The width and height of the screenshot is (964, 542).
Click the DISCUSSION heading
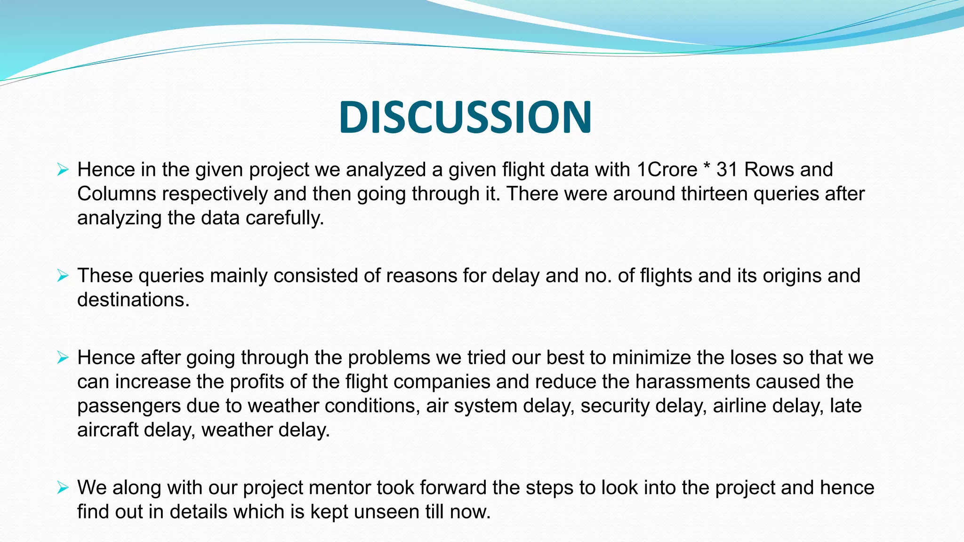465,117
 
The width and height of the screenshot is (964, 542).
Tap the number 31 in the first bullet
727,170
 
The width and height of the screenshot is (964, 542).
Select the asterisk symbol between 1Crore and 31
707,167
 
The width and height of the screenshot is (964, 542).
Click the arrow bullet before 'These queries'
63,275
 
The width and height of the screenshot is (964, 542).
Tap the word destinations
133,300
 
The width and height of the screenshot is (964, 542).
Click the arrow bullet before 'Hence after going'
63,358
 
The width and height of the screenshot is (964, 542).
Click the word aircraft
107,430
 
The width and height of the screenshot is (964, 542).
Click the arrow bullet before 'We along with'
63,487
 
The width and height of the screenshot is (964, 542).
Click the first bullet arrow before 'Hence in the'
63,169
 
